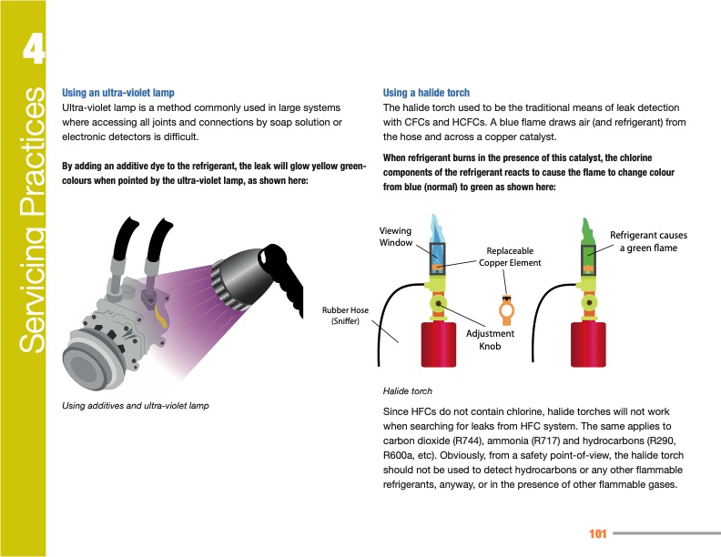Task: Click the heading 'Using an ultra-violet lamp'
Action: tap(117, 93)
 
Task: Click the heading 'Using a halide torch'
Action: tap(426, 93)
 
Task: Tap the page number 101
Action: tap(598, 532)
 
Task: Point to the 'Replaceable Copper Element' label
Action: tap(510, 257)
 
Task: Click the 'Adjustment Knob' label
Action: tap(490, 339)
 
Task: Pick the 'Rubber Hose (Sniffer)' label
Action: tap(346, 315)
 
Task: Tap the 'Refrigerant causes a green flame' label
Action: tap(648, 241)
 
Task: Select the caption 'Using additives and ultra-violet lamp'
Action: tap(135, 405)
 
